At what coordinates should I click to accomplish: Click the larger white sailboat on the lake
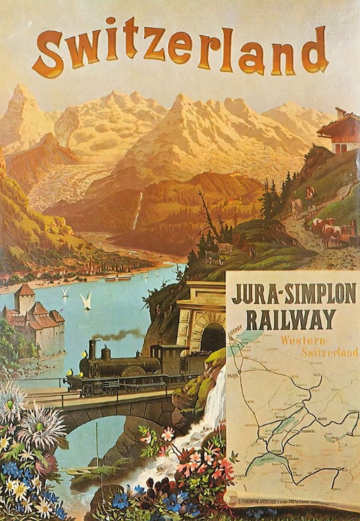pos(87,301)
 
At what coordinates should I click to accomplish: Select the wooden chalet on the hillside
pos(339,131)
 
